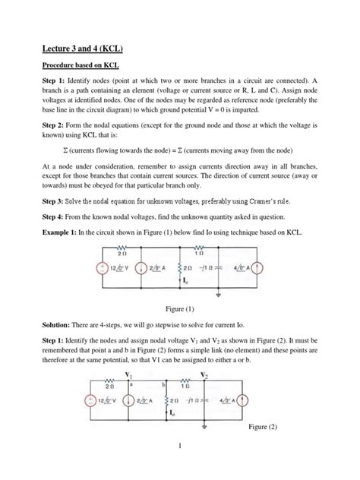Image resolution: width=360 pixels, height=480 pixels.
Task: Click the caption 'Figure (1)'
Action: (179, 308)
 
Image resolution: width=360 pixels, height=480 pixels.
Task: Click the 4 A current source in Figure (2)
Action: (244, 401)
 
